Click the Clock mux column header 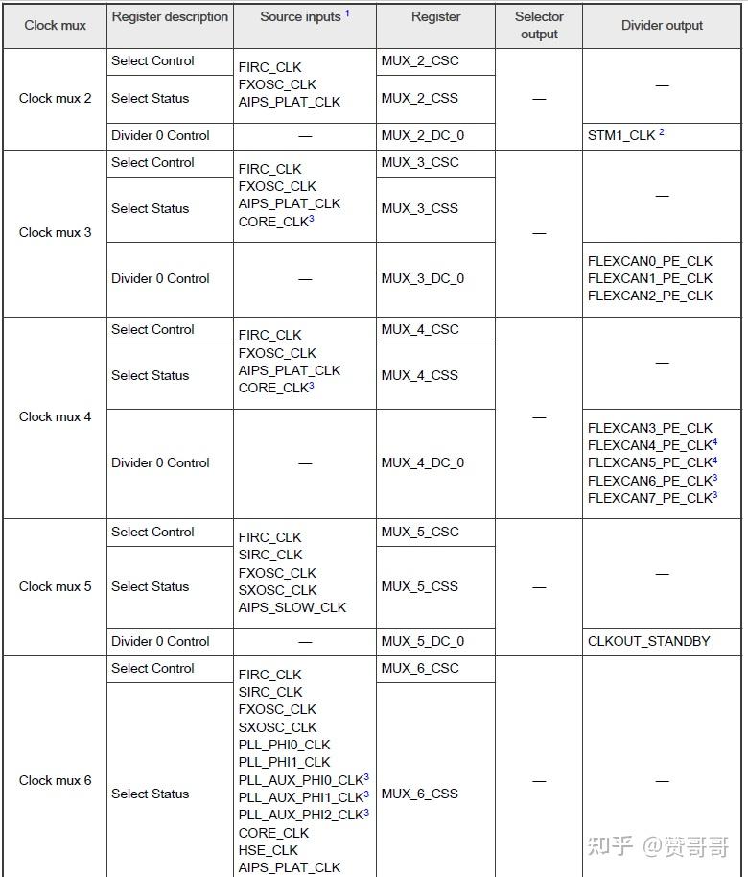55,26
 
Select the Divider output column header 662,26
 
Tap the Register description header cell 170,17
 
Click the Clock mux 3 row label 56,232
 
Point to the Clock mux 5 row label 56,586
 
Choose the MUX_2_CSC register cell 420,61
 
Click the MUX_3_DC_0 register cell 423,278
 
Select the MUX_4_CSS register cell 420,375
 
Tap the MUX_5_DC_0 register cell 423,641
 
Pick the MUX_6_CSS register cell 420,794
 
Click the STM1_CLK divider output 621,136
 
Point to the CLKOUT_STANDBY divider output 649,641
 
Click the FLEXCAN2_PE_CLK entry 650,296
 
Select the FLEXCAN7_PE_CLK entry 649,498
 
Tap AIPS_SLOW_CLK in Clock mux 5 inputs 292,607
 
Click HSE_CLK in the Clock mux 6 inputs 269,850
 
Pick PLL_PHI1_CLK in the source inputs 284,762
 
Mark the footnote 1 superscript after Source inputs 347,13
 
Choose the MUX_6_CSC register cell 420,669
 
